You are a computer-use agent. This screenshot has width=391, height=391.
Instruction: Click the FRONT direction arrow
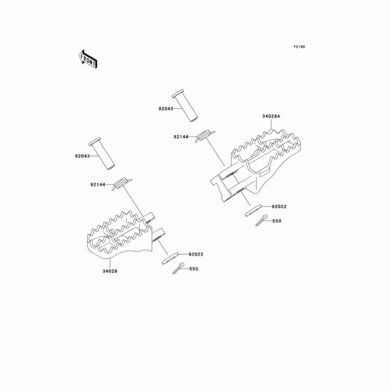click(x=88, y=59)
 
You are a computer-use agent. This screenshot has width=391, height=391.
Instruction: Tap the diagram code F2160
click(x=299, y=46)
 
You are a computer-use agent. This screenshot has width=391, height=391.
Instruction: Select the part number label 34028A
click(x=271, y=116)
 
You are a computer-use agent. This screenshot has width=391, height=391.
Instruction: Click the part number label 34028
click(x=109, y=271)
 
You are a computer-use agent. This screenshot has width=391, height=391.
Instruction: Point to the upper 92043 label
click(x=166, y=109)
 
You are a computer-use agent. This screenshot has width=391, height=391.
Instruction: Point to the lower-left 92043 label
click(x=82, y=156)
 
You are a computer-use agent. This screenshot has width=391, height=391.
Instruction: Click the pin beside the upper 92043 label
click(x=185, y=105)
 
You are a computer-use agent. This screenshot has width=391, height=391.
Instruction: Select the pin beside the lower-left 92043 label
click(x=102, y=153)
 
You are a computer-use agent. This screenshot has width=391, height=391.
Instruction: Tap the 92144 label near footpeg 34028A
click(x=181, y=137)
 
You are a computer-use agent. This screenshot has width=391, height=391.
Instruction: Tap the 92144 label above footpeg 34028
click(x=98, y=185)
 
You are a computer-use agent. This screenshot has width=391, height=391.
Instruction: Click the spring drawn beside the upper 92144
click(x=205, y=136)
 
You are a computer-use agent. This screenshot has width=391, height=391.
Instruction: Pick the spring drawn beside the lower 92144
click(x=122, y=184)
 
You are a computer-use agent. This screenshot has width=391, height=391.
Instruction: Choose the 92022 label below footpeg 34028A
click(x=279, y=206)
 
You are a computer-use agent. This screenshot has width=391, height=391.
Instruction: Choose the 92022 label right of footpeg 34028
click(x=196, y=254)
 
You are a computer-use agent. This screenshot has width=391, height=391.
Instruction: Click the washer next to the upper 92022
click(x=253, y=211)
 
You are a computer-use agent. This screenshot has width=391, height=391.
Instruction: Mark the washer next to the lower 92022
click(x=170, y=259)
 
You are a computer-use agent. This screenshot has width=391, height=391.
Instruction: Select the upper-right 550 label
click(x=277, y=221)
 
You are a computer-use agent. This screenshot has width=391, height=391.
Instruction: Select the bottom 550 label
click(x=194, y=269)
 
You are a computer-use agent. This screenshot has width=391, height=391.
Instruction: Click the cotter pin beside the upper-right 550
click(x=261, y=220)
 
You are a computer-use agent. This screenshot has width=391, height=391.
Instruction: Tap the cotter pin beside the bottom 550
click(x=178, y=268)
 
